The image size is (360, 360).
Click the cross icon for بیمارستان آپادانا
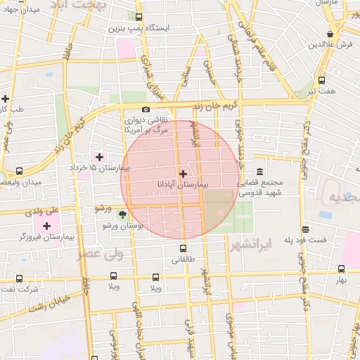point(183,173)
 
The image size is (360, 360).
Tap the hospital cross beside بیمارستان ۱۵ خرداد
point(98,157)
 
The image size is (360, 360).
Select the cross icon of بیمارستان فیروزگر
point(47,226)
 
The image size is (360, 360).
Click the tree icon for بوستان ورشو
point(124,214)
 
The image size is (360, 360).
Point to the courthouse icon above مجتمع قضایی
point(259,172)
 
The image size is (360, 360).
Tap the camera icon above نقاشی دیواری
point(146,109)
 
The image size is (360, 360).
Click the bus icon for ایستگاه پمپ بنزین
point(139,18)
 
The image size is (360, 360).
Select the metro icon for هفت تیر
point(321,79)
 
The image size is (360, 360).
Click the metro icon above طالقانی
point(184,247)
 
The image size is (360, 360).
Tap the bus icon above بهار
point(341,269)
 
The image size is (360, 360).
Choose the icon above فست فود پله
point(305,229)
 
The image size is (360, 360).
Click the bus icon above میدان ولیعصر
point(19,171)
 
